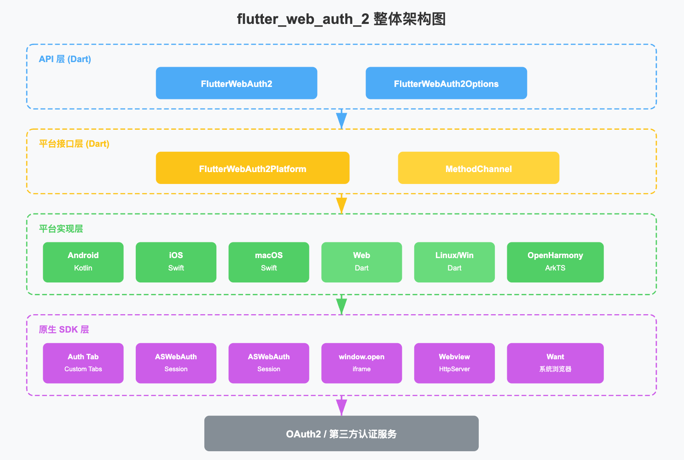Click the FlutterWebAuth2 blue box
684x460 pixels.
point(236,83)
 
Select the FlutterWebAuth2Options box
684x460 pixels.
point(446,83)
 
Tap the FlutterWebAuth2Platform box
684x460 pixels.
point(252,168)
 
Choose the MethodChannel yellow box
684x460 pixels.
point(478,168)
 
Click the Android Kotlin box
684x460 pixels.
point(83,262)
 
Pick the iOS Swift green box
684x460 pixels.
point(176,262)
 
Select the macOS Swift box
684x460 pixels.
point(268,262)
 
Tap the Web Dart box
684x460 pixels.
point(361,262)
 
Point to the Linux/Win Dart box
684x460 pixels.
point(454,262)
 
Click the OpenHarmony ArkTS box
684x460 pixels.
point(555,262)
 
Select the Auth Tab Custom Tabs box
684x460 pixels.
point(83,363)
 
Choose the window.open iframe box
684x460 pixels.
point(361,363)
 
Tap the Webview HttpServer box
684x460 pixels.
point(454,363)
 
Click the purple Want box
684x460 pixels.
point(555,363)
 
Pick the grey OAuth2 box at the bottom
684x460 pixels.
point(341,433)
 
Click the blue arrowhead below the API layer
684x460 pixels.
point(341,120)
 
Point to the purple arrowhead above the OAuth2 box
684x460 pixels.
point(341,407)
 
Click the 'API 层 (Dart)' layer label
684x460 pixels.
point(65,59)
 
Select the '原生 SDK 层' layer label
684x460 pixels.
point(64,329)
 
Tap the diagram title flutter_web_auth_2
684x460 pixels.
point(341,19)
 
